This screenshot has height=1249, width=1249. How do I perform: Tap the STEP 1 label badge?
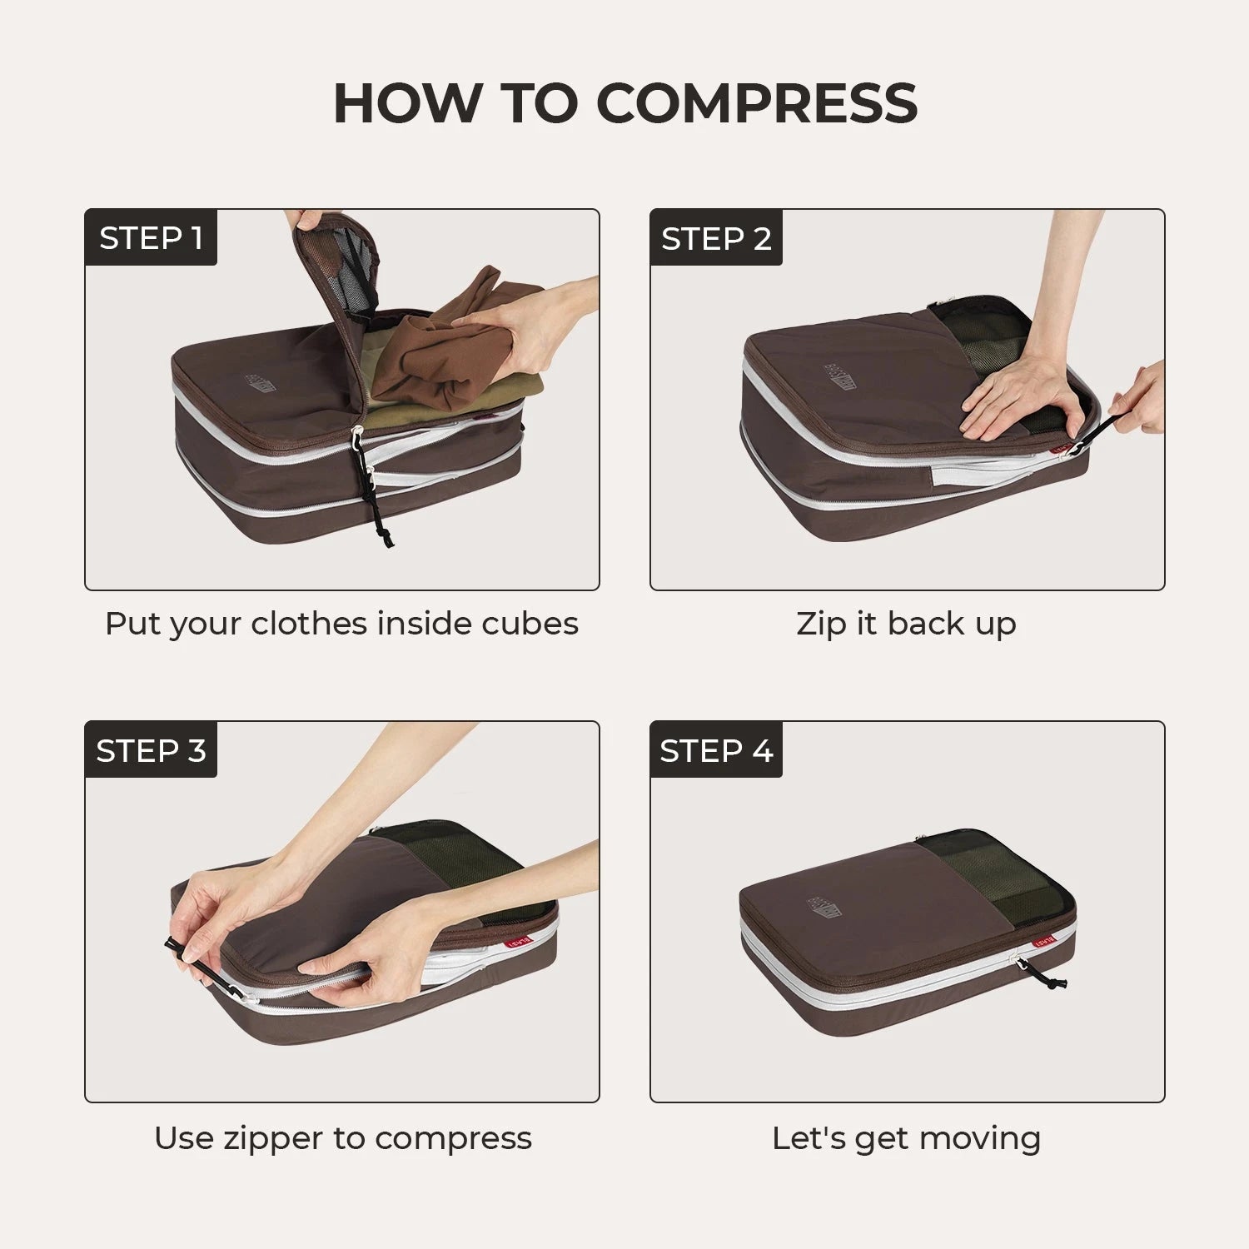[x=151, y=238]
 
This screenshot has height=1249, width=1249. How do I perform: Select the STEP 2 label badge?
[x=716, y=238]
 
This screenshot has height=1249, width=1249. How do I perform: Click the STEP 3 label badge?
[x=151, y=750]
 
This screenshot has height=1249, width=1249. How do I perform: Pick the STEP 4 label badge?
[x=716, y=750]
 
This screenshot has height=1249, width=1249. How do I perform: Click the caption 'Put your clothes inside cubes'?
[x=341, y=624]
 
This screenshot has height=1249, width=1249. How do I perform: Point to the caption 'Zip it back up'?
[x=906, y=624]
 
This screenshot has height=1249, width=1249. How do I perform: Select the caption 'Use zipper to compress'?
[x=342, y=1137]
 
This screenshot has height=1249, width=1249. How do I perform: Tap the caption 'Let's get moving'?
[x=906, y=1137]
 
